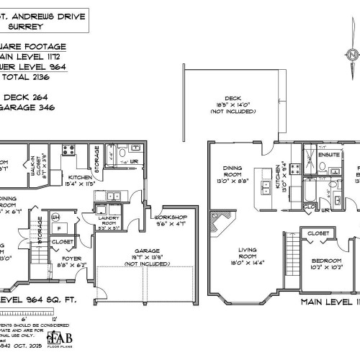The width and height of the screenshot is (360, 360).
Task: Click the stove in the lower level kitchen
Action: [71, 150]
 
